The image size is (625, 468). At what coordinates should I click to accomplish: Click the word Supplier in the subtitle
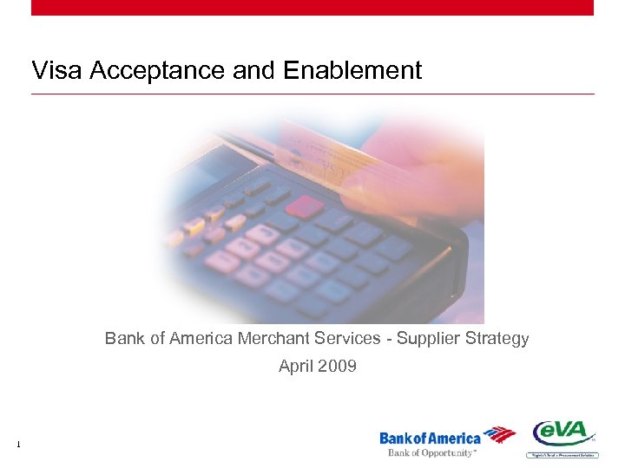click(429, 338)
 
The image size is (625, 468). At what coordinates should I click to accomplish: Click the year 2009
click(337, 366)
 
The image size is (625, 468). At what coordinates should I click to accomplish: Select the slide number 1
click(17, 445)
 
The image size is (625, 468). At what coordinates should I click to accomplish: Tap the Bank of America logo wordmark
click(430, 439)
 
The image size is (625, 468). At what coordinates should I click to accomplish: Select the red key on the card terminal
click(304, 206)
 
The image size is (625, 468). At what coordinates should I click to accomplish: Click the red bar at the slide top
click(312, 7)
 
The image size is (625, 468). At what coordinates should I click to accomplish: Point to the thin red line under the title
click(312, 94)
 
